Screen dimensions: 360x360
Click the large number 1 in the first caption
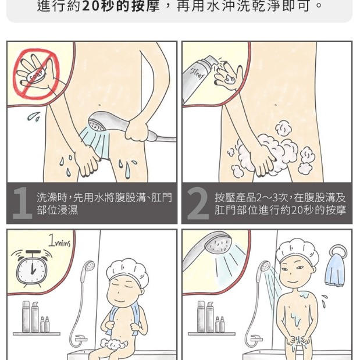[x=22, y=204]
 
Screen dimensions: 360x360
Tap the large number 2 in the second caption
[x=198, y=204]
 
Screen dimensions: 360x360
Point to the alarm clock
[x=29, y=269]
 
